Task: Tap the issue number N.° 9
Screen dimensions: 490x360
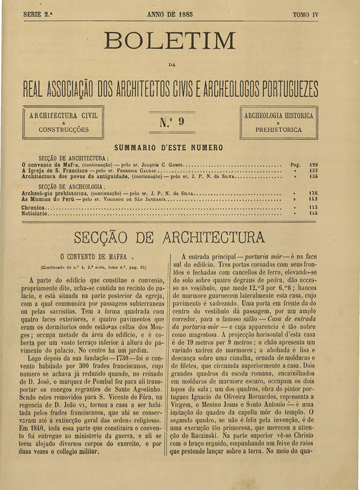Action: [172, 121]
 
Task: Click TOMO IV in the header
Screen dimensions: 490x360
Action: [305, 15]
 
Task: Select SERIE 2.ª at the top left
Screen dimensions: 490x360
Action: [38, 15]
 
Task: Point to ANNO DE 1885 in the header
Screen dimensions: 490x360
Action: [170, 15]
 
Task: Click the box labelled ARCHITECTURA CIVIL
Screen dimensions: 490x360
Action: [63, 122]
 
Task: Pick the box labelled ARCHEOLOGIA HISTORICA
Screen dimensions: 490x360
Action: [279, 122]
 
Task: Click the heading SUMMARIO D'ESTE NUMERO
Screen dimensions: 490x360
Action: [169, 148]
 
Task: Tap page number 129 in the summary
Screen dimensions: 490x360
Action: [313, 165]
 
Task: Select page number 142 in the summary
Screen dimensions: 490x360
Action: [313, 200]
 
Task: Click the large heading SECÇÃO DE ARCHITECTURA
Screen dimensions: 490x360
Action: [169, 237]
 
